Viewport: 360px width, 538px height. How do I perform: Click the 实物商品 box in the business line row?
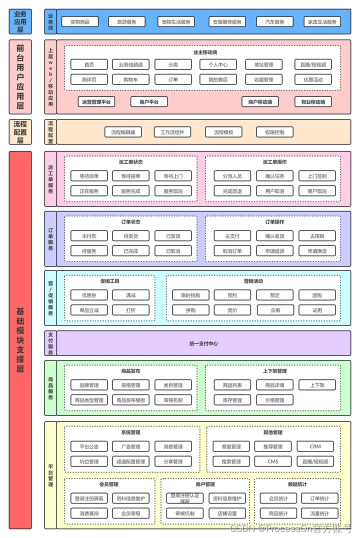(80, 22)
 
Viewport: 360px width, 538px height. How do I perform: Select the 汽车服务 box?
(274, 22)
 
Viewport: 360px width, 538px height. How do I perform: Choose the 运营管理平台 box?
(96, 102)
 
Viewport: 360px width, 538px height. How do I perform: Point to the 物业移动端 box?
(313, 102)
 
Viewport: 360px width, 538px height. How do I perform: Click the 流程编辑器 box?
(123, 132)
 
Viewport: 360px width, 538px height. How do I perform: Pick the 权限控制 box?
(274, 132)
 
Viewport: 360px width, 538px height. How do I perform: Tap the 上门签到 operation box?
(317, 176)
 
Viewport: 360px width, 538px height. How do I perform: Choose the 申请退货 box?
(274, 251)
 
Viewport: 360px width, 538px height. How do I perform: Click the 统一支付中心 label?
(203, 343)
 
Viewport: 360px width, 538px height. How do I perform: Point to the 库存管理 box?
(228, 400)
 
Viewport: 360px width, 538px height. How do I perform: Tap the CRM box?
(315, 446)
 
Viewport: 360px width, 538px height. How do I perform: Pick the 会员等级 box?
(130, 513)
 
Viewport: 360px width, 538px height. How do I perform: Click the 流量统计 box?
(319, 513)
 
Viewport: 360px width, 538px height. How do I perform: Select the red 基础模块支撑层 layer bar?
(20, 340)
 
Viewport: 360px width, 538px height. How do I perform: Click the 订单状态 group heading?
(130, 222)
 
